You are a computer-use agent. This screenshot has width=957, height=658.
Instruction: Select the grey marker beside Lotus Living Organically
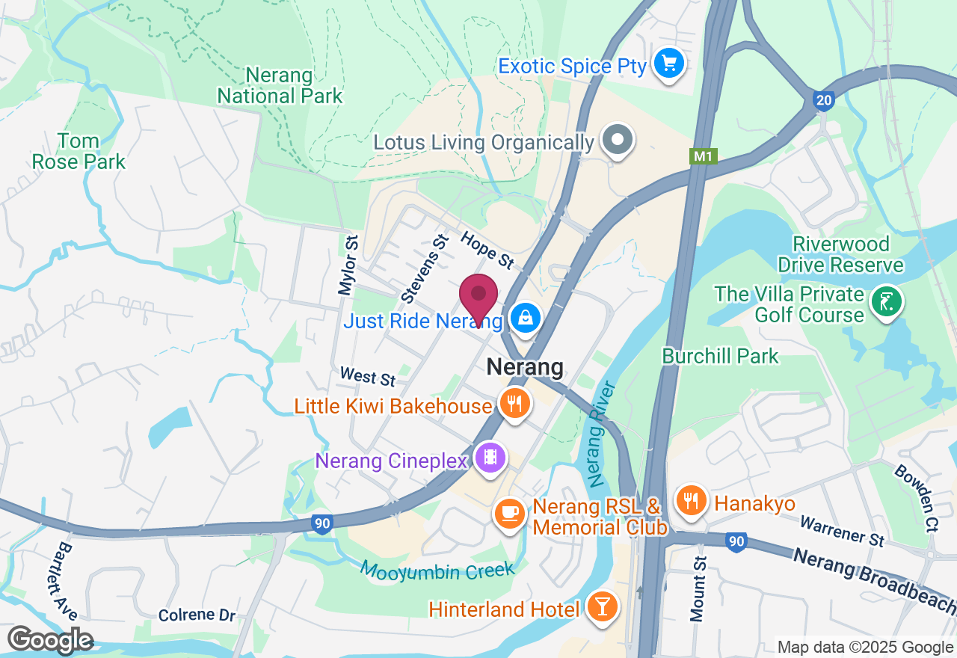coord(618,141)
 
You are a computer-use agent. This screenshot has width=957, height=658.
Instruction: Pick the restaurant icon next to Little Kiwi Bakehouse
coord(514,404)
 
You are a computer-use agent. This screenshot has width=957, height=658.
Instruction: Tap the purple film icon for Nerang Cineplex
coord(490,458)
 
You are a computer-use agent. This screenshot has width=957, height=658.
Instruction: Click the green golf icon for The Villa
coord(886,303)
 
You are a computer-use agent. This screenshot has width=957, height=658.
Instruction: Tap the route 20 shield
coord(823,100)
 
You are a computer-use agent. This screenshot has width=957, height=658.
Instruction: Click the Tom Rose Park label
coord(79,151)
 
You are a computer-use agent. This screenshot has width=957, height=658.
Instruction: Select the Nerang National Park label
coord(280,85)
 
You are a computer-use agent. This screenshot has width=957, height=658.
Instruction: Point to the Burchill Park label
coord(721,356)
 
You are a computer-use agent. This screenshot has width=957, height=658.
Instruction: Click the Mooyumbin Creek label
coord(437,570)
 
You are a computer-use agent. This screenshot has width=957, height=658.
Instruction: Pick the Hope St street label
coord(487,250)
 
